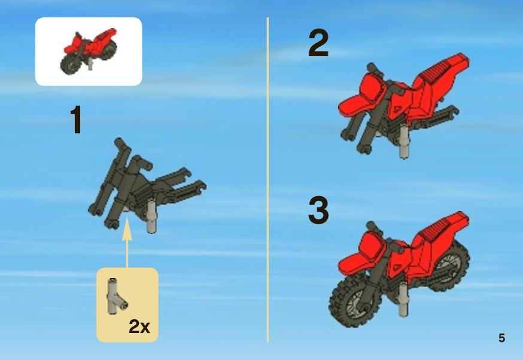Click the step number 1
coord(77,120)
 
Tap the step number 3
coord(318,210)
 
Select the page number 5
coord(501,338)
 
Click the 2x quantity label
coord(139,327)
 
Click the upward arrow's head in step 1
coord(127,228)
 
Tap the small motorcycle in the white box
coord(89,51)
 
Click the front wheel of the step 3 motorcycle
coord(355,298)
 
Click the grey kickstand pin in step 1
coord(152,216)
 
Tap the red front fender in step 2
coord(358,102)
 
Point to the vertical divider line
coord(267,180)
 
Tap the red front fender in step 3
coord(358,260)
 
